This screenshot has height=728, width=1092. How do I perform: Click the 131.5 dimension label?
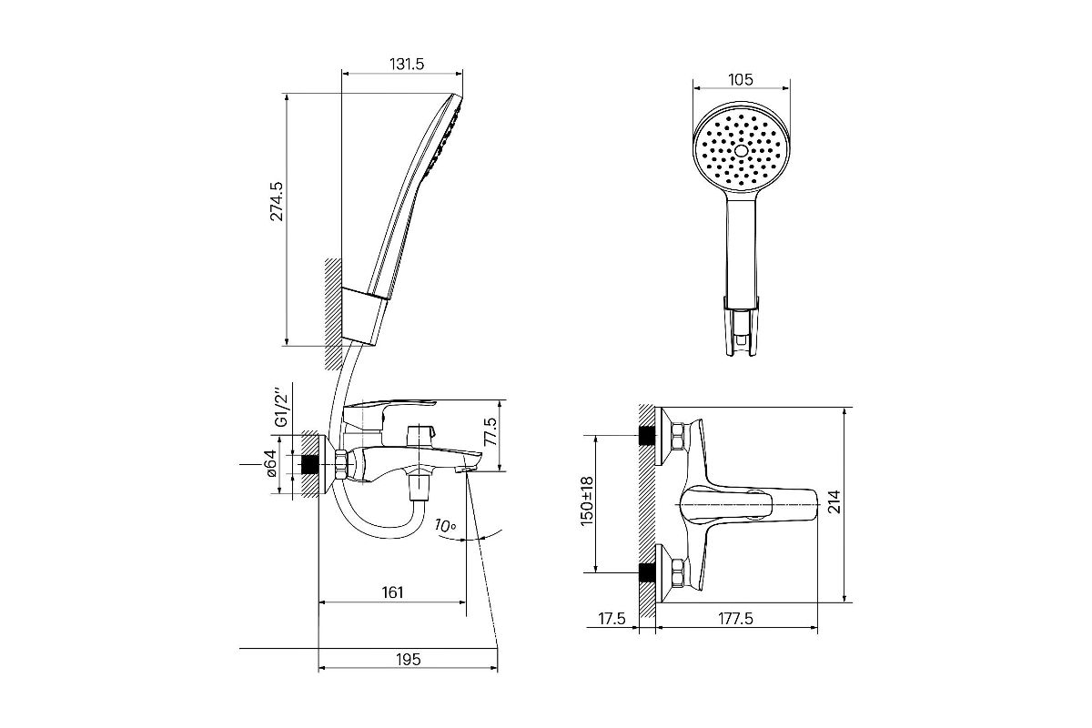click(407, 64)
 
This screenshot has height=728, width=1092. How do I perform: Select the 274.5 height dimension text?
click(277, 201)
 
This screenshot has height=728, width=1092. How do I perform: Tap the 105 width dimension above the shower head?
click(740, 79)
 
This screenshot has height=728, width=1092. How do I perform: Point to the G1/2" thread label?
click(282, 408)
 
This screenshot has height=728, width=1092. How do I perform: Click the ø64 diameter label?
click(271, 463)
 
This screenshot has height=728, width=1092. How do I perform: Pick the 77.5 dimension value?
click(490, 431)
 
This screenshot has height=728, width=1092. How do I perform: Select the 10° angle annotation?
click(445, 526)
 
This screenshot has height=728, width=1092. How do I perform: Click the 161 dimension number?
click(392, 592)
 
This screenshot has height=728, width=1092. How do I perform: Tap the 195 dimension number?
click(408, 659)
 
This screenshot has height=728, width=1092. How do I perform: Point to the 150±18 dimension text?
click(587, 501)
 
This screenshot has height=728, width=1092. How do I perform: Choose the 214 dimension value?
click(834, 501)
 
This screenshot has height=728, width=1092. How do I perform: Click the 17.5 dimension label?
click(612, 619)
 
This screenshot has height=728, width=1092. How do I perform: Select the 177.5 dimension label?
click(735, 619)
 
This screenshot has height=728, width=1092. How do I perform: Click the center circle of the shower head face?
click(741, 151)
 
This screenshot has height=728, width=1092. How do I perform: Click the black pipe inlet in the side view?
click(309, 464)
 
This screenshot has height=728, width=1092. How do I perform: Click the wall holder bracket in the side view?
click(364, 317)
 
